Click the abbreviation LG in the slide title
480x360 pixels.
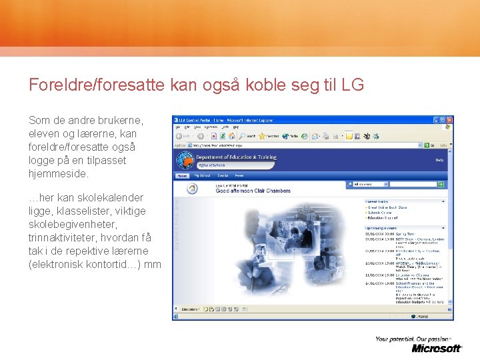point(353,85)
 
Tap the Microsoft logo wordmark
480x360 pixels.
point(437,348)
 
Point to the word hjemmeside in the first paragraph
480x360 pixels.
point(57,174)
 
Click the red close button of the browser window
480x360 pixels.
point(449,120)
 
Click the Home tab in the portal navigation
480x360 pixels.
point(181,176)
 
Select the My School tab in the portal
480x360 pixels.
point(201,176)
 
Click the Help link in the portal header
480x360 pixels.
point(439,160)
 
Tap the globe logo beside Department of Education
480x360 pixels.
point(185,160)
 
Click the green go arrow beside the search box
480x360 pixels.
point(441,184)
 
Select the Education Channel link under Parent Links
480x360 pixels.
point(384,218)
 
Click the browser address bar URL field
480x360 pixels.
point(300,145)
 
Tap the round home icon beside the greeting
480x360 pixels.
point(192,189)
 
